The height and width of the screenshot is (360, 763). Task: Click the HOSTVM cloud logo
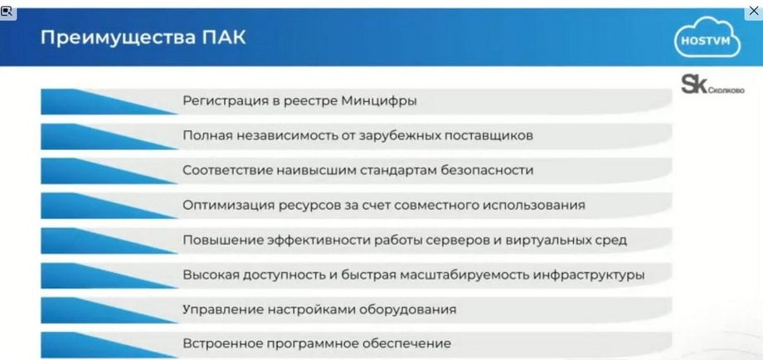[x=707, y=37]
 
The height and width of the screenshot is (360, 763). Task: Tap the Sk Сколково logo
[x=712, y=85]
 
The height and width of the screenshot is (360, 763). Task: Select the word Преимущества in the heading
[x=118, y=38]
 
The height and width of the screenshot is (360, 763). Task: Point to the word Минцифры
[x=378, y=101]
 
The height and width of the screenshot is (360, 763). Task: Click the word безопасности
[x=487, y=170]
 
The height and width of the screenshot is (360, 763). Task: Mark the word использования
[x=534, y=205]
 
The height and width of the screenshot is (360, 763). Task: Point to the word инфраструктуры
[x=589, y=275]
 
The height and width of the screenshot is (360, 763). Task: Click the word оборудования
[x=409, y=310]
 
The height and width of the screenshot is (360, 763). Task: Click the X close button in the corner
[x=754, y=10]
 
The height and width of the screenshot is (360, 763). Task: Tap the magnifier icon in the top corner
[x=7, y=11]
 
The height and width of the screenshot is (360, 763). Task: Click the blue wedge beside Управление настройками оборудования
[x=108, y=310]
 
